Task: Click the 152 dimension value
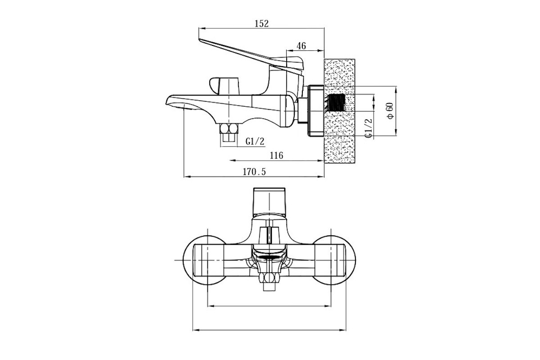point(261,24)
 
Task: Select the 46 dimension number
point(301,46)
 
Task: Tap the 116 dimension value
point(276,156)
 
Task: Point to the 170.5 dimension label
point(254,172)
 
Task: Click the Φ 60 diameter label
point(390,111)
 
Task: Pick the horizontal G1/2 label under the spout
point(255,141)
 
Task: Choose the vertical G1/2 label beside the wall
point(369,128)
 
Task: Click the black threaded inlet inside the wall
point(336,103)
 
